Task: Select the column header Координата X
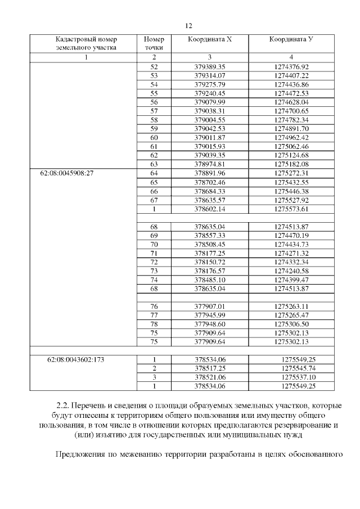tap(209, 40)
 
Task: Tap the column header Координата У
tap(291, 40)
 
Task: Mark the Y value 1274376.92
tap(291, 66)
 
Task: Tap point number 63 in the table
tap(154, 164)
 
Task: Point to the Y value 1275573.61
tap(291, 209)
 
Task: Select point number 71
tap(154, 253)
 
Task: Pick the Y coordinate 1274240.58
tap(291, 271)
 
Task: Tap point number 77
tap(154, 315)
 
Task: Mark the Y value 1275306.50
tap(291, 324)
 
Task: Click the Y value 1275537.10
tap(295, 377)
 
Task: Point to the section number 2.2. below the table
tap(63, 406)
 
